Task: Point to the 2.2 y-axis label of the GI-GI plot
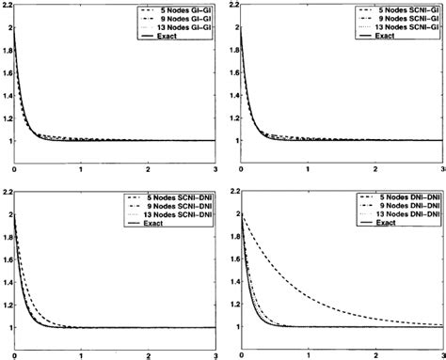pos(8,7)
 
